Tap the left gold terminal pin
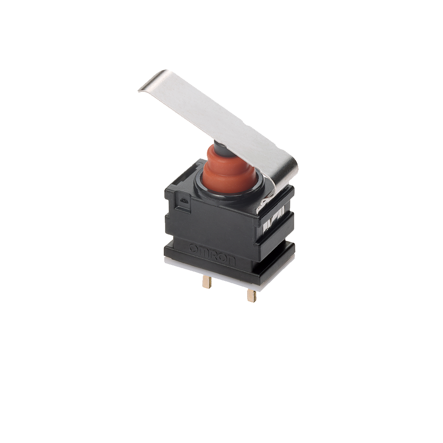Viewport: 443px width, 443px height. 207,281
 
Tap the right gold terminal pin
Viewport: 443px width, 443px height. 252,295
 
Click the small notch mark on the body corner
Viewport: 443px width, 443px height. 183,201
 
